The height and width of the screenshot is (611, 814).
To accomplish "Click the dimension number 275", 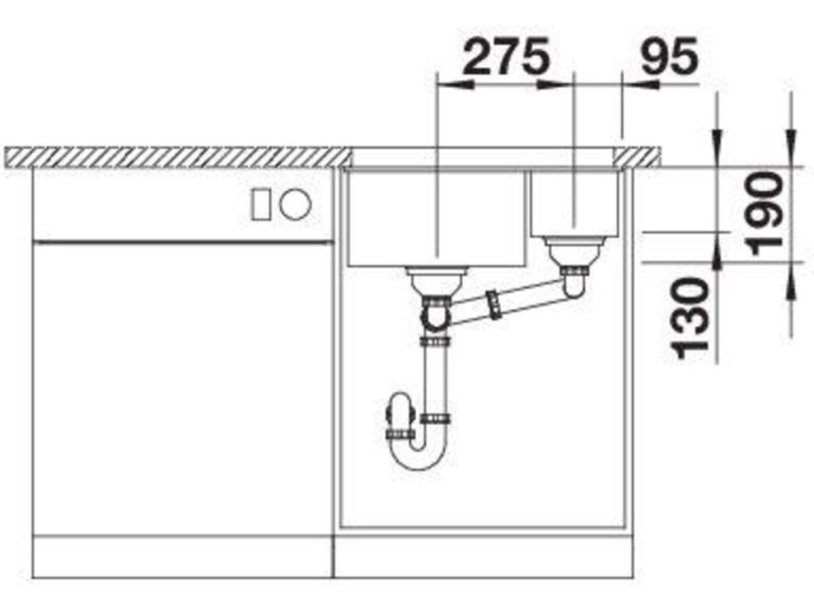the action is [x=507, y=55].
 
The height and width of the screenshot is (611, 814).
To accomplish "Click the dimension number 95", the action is [x=669, y=55].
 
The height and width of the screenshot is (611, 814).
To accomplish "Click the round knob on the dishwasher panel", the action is [x=296, y=205].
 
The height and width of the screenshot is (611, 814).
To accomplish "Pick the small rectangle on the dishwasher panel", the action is [x=261, y=205].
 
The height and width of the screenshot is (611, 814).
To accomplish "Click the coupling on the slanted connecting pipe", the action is [x=494, y=305].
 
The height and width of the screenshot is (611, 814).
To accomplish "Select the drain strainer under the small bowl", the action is [x=575, y=250].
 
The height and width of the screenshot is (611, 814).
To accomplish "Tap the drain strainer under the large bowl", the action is [x=437, y=281].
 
